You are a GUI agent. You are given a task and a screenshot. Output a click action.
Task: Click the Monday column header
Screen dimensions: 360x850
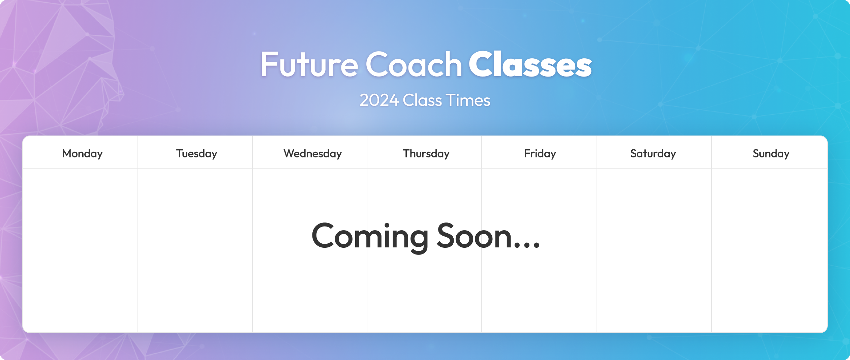tap(82, 154)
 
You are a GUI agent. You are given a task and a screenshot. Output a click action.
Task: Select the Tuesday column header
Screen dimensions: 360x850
tap(196, 154)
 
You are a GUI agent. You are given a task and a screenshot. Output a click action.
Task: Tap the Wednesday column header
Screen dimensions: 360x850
tap(312, 154)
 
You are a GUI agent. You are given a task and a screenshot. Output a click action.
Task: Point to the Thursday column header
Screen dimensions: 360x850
tap(426, 154)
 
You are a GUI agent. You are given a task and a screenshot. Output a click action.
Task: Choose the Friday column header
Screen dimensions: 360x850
tap(540, 154)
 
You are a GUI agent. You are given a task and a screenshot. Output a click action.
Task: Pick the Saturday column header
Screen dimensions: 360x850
tap(653, 154)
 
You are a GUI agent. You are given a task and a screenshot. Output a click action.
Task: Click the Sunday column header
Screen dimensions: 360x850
tap(771, 154)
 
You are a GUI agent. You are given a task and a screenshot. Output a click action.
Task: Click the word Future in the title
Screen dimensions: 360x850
tap(309, 64)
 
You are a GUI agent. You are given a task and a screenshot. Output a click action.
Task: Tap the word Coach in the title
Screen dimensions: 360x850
tap(414, 64)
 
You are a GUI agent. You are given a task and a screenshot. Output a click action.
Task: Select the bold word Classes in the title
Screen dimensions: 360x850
tap(530, 64)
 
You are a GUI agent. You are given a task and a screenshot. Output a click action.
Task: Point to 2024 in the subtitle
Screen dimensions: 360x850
tap(379, 100)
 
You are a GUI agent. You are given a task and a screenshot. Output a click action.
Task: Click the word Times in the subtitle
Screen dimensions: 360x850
tap(468, 100)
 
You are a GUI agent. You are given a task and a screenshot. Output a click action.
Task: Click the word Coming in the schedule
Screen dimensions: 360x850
tap(370, 237)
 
